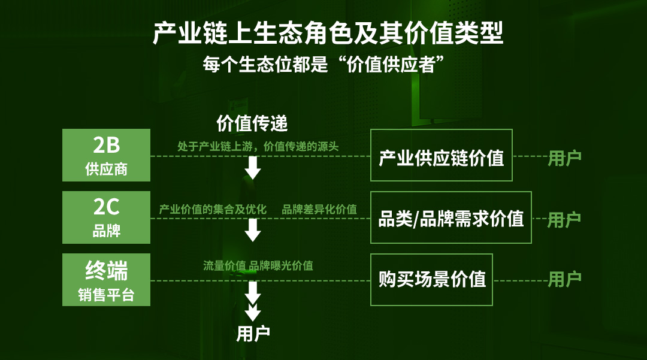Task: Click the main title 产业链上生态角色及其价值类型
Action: (328, 33)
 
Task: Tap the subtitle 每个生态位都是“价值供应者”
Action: (323, 64)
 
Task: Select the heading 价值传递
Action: (252, 123)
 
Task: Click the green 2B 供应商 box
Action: (106, 155)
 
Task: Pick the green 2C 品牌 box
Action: (106, 217)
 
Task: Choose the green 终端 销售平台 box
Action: (106, 280)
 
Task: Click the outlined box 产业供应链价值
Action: (441, 155)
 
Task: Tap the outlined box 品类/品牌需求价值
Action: (451, 217)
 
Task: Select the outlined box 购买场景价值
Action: (431, 280)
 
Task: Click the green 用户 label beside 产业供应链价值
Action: (564, 158)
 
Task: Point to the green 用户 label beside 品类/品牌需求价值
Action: (564, 220)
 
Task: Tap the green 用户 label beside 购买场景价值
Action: (564, 279)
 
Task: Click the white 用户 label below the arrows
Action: (253, 334)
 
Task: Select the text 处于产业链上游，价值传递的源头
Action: (258, 146)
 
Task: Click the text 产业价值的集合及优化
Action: (213, 210)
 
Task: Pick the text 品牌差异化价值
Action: (319, 210)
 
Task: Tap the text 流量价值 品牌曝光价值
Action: (258, 265)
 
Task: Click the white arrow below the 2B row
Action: (253, 168)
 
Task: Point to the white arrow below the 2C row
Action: (253, 230)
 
